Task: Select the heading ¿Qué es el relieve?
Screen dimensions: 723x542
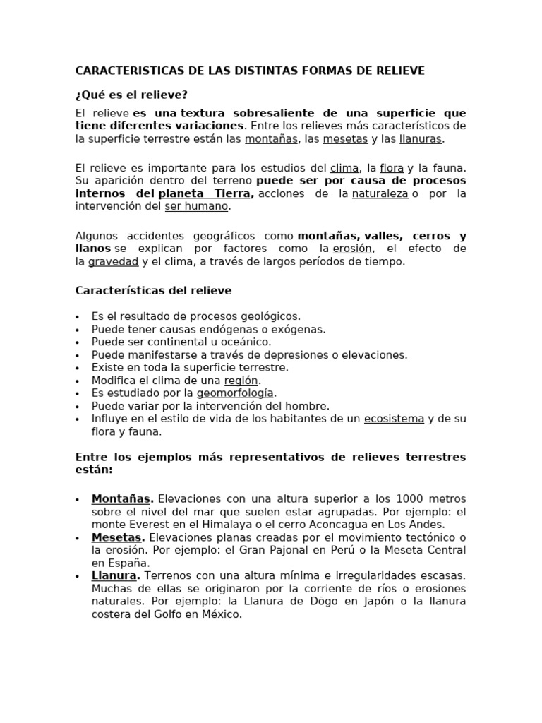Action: [x=131, y=95]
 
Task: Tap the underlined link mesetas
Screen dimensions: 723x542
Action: [x=345, y=139]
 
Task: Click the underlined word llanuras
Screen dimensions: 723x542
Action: [x=421, y=139]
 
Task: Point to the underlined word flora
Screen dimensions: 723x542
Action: [x=392, y=168]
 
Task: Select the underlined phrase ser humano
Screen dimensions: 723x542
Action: [x=197, y=206]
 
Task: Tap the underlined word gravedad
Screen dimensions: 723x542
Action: [x=114, y=261]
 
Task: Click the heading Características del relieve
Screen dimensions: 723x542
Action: [x=153, y=290]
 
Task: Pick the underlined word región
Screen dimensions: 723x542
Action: [x=241, y=380]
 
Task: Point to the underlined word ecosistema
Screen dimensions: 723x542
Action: [x=394, y=419]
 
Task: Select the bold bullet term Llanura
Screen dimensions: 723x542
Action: [x=114, y=575]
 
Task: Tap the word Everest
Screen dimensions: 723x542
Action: [x=147, y=525]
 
